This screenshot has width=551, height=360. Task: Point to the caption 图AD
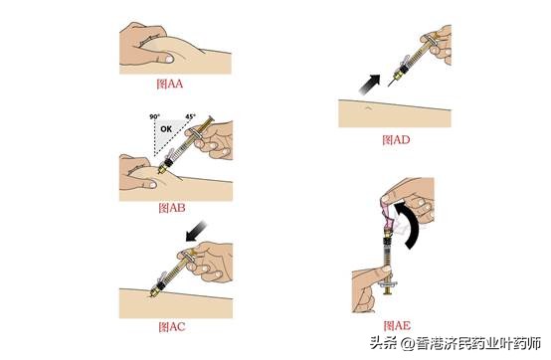[x=395, y=139]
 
